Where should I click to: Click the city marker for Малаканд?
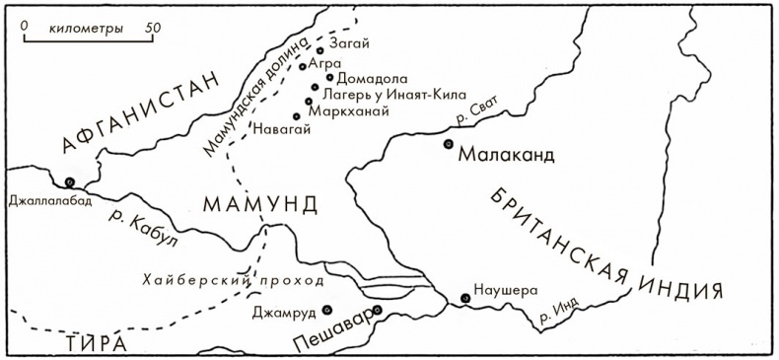[449, 144]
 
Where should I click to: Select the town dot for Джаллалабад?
[70, 181]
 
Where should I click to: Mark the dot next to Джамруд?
[326, 309]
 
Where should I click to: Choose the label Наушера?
[506, 291]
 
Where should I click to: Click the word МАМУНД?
[261, 204]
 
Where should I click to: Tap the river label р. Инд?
[558, 315]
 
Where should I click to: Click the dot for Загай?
[320, 49]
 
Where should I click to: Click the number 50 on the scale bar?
[151, 28]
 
